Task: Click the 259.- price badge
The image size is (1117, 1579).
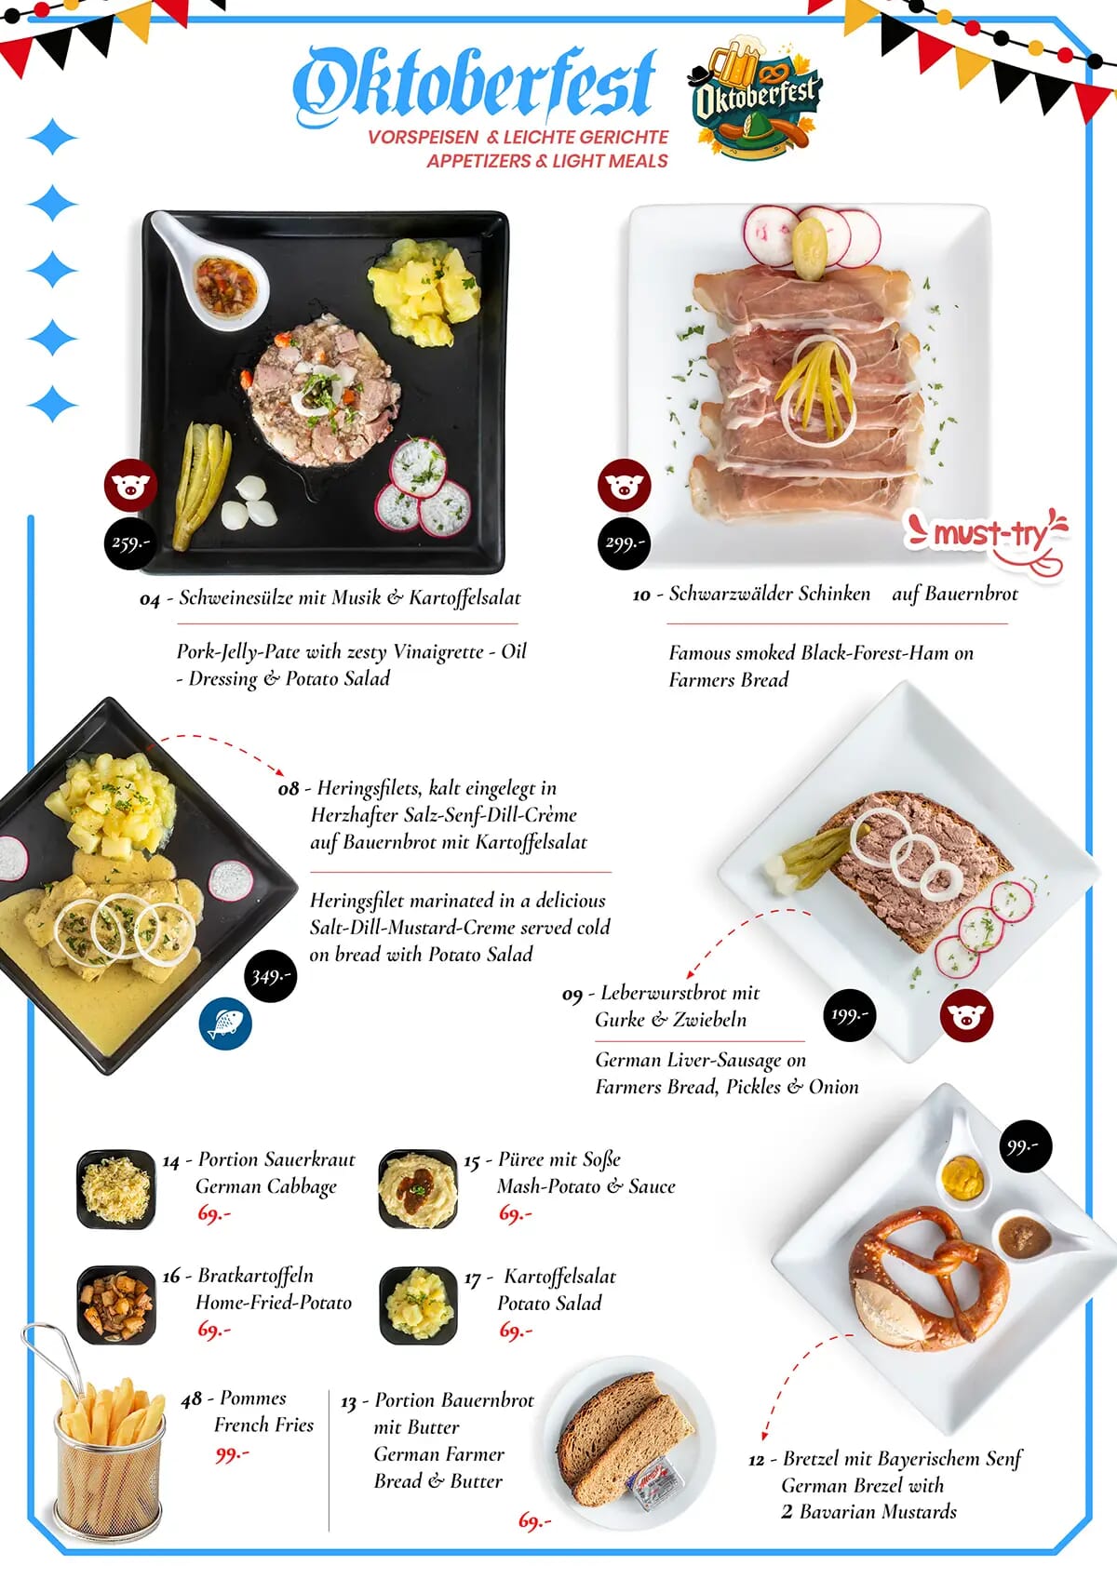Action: click(129, 542)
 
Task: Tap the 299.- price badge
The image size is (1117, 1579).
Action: click(624, 542)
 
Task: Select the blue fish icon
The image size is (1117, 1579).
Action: click(225, 1024)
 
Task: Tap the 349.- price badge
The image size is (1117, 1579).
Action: click(271, 976)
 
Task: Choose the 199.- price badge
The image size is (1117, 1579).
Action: click(849, 1015)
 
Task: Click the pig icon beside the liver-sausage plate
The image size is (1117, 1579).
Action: click(966, 1016)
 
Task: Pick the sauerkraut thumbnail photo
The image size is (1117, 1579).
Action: click(116, 1189)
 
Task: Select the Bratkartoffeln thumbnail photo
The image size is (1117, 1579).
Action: click(116, 1305)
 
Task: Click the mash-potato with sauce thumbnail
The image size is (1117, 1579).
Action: click(419, 1189)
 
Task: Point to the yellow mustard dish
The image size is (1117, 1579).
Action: click(962, 1180)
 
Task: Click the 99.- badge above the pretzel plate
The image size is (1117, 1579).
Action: click(1026, 1146)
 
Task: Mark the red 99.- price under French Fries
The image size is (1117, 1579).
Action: click(231, 1453)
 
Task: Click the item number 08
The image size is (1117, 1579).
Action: click(289, 789)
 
